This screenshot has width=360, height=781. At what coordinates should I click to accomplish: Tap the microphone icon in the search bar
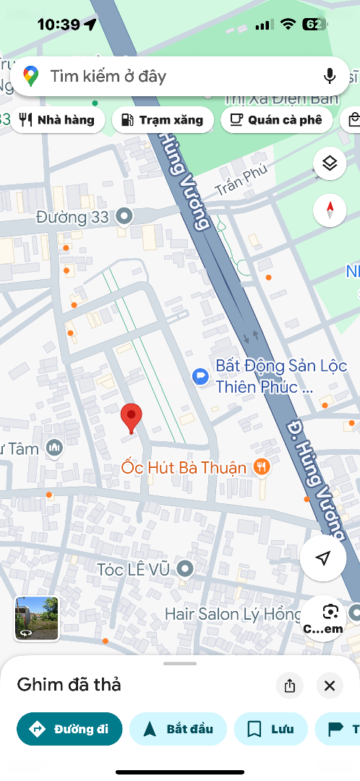pos(330,76)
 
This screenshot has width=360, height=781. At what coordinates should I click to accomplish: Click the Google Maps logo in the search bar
pos(30,76)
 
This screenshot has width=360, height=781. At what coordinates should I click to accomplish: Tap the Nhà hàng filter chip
pos(57,120)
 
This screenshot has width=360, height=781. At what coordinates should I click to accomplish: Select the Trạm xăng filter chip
pos(163,120)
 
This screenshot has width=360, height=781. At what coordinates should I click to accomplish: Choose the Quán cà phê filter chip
pos(276,120)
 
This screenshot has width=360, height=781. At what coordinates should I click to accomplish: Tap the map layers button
pos(330,163)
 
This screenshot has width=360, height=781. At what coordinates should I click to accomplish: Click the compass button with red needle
pos(330,210)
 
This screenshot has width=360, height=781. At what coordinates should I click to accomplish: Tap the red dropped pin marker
pos(131,418)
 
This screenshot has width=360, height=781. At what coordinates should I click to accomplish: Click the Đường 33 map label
pos(72,216)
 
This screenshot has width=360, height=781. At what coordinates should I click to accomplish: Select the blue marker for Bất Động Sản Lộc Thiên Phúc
pos(200,376)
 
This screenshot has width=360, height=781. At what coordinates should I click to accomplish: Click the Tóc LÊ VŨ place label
pos(134,569)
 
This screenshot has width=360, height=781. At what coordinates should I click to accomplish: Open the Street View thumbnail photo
pos(36,618)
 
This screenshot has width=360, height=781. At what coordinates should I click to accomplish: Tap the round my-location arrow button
pos(323,558)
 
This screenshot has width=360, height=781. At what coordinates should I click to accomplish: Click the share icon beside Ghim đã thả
pos(290,685)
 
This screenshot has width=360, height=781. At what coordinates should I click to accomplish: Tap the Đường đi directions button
pos(69,729)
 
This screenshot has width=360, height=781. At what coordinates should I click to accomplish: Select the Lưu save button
pos(271,729)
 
